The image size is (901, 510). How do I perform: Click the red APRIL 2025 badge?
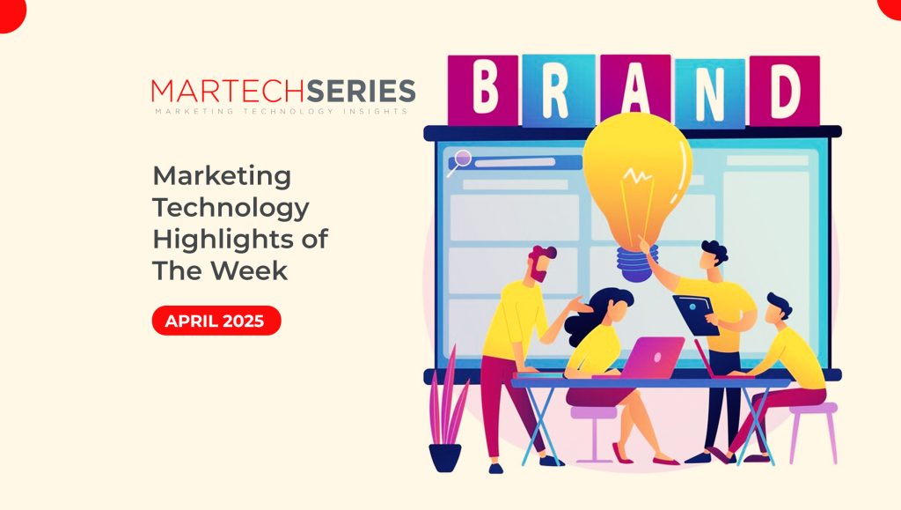(216, 321)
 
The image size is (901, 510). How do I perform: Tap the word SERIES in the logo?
(361, 91)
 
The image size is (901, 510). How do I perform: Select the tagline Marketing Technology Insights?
(282, 111)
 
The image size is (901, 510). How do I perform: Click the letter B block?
(483, 90)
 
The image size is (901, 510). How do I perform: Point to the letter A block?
(635, 86)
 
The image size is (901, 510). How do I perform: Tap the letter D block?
(785, 90)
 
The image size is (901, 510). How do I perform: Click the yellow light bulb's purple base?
(636, 264)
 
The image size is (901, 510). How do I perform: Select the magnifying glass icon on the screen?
(459, 161)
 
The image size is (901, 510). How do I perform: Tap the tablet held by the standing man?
(697, 314)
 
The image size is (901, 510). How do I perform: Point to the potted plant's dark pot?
(445, 458)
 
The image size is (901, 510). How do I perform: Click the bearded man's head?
(542, 264)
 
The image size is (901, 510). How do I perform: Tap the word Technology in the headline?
(231, 208)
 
